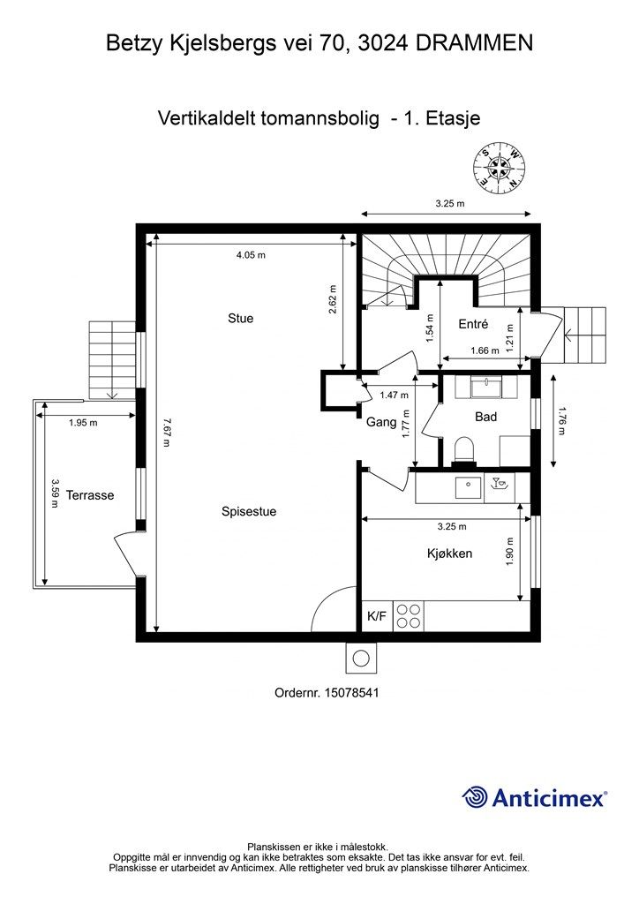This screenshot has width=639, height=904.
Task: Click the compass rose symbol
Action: point(499,168)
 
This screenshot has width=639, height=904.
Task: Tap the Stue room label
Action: point(240,318)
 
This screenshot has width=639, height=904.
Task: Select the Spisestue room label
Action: point(249,511)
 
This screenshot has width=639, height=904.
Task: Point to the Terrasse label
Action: point(90,495)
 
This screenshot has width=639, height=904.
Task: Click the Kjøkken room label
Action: point(449,554)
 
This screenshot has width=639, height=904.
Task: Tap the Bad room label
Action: point(485,417)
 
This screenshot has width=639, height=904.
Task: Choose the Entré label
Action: point(473,324)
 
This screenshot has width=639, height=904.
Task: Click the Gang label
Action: point(381,423)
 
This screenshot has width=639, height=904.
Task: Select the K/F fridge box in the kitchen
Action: point(377,616)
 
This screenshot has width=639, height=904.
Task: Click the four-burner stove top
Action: point(409,616)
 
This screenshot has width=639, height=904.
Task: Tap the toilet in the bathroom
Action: point(464,450)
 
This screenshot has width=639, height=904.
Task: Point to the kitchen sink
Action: point(469,487)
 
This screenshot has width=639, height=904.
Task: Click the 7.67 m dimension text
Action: point(166,433)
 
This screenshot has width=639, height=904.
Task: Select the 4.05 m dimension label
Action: point(251,255)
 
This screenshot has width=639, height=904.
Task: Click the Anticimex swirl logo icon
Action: point(474,797)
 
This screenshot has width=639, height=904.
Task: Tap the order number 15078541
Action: point(352,692)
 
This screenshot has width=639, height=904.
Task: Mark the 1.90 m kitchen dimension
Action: point(510,553)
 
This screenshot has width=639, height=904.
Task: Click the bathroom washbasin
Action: point(487,387)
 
